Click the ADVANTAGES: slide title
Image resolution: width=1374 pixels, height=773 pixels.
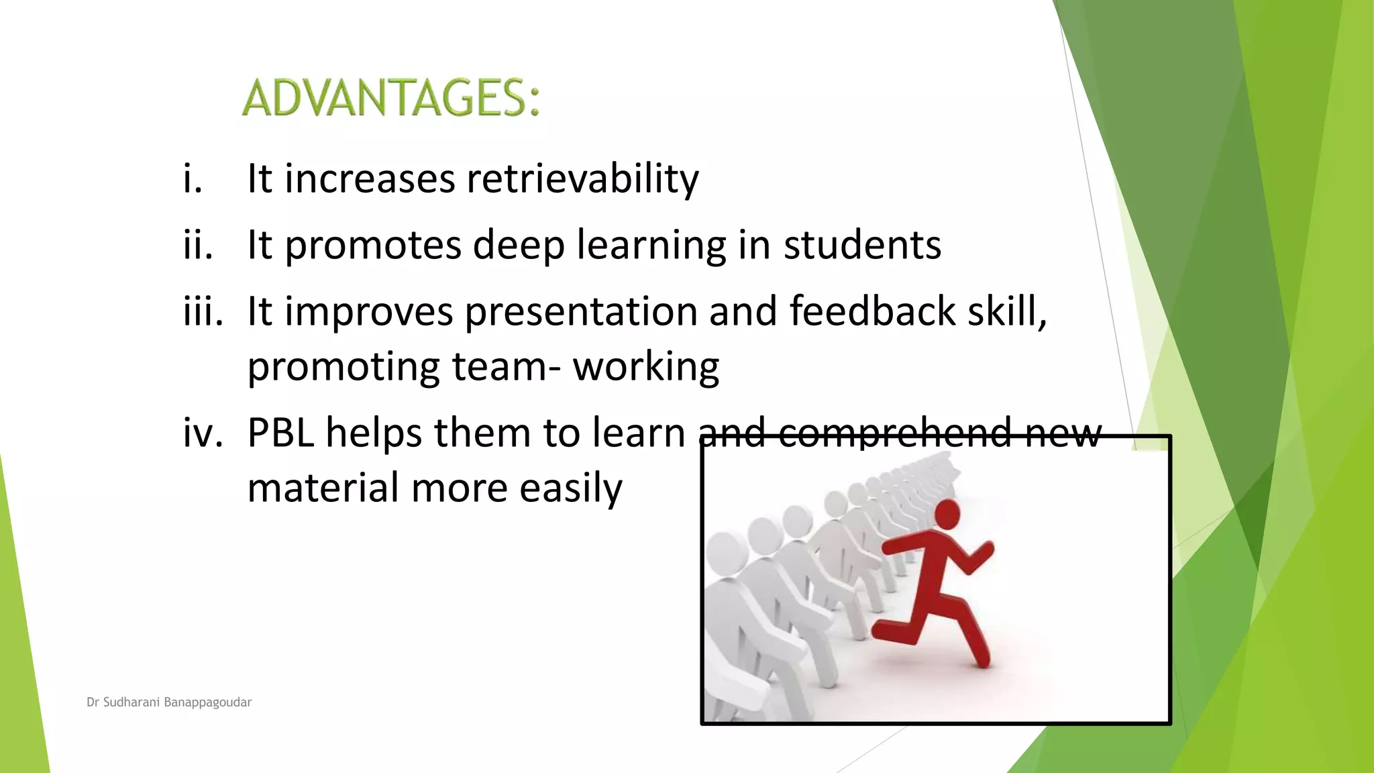[390, 98]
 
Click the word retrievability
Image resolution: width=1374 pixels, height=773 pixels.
[582, 178]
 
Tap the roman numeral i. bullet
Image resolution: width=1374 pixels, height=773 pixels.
[193, 178]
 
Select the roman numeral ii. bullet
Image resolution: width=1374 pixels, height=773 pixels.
[198, 244]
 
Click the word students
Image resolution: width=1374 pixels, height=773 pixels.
[862, 244]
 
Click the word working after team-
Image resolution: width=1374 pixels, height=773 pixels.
[645, 367]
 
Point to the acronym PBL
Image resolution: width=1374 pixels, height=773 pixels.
[281, 432]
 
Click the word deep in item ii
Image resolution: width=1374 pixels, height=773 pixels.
[519, 246]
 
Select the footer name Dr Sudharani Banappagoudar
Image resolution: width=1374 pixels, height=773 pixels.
[169, 703]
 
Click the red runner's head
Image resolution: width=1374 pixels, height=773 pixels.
[947, 515]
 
